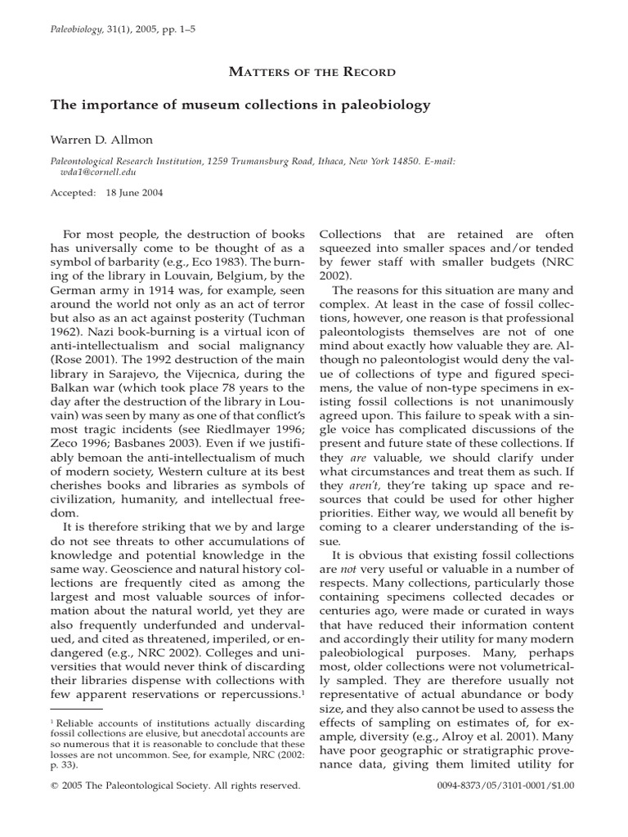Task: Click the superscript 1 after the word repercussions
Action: coord(302,692)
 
